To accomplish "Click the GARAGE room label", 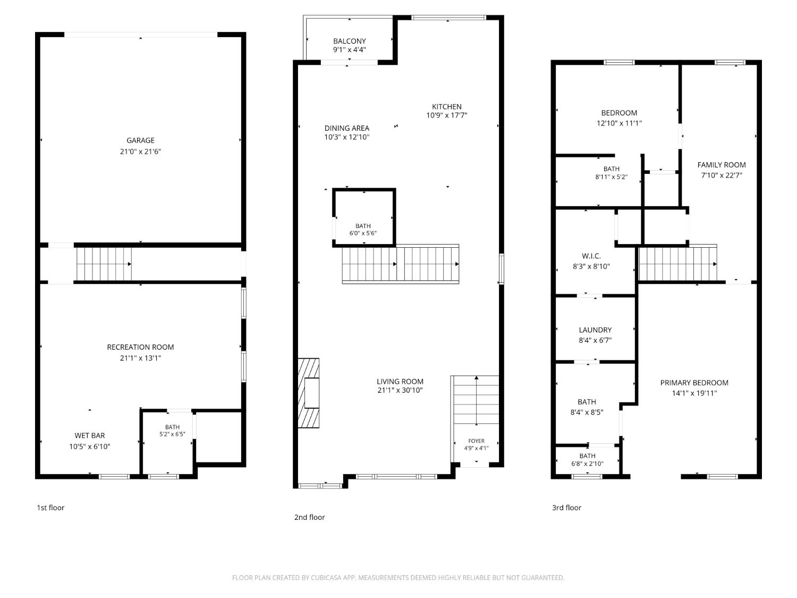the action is [x=140, y=140].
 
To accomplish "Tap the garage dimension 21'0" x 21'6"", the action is [x=140, y=151].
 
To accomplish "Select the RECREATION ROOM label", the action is [x=140, y=347].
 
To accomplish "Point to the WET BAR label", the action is [x=90, y=435].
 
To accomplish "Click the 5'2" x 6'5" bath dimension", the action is [x=172, y=434].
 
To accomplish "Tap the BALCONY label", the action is [x=349, y=41].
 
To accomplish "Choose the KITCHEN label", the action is [x=447, y=106].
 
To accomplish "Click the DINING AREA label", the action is [x=347, y=128].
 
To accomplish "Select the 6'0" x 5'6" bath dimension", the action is [x=363, y=233].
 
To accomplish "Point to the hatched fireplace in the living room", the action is [x=308, y=393].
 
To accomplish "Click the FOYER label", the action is [x=476, y=441].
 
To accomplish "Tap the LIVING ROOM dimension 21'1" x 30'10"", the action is [x=400, y=390].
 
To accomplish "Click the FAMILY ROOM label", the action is [x=722, y=165].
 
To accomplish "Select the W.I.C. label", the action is [x=591, y=256].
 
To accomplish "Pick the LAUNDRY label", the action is [x=595, y=330].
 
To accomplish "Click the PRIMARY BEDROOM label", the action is [x=694, y=383].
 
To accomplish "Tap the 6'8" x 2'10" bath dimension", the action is [x=587, y=464].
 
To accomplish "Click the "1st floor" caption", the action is [x=50, y=508].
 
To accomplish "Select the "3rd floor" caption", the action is [x=566, y=508].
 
